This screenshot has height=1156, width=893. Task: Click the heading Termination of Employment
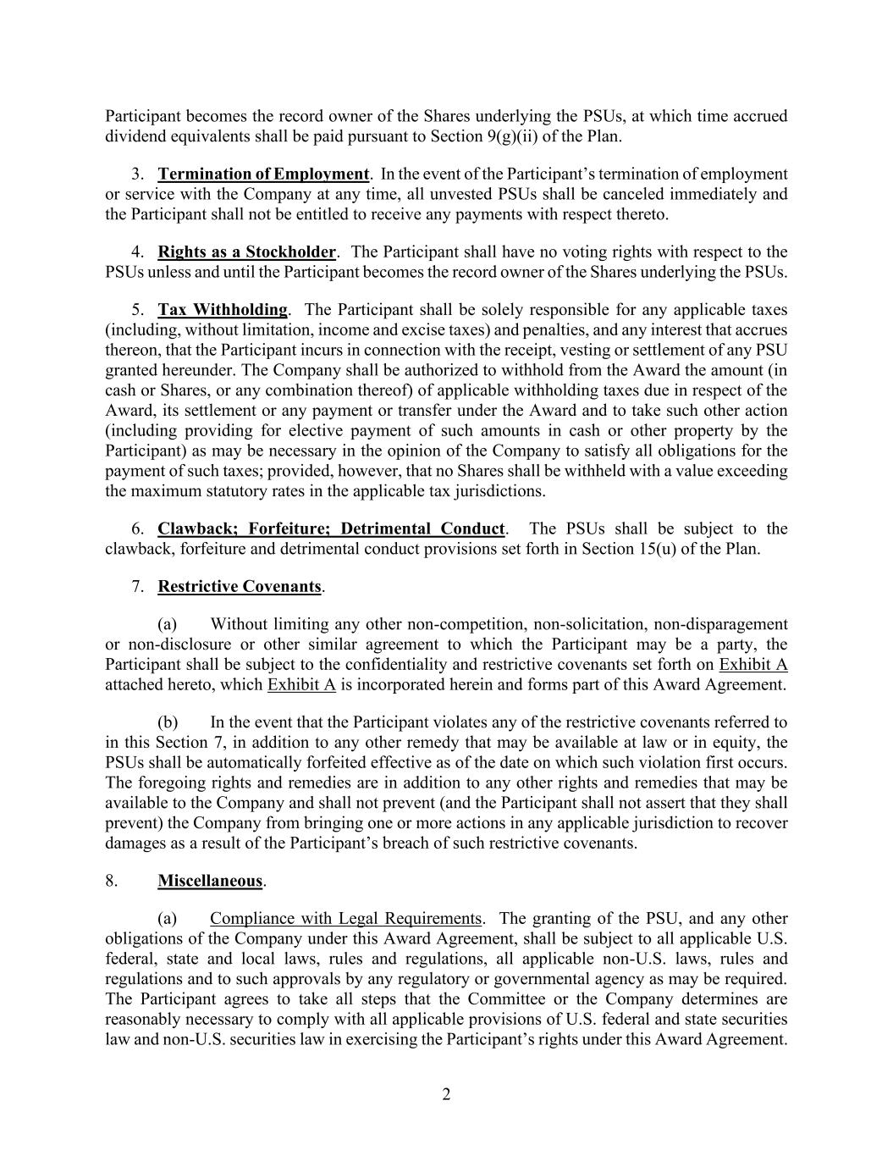[x=263, y=174]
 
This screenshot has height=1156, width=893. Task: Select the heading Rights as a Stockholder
[x=246, y=252]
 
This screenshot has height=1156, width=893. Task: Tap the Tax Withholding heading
[x=223, y=310]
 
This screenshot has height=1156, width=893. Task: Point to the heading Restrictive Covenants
[x=240, y=587]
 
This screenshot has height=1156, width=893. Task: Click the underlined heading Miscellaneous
[x=210, y=881]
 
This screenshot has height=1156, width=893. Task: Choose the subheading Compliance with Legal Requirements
[x=346, y=919]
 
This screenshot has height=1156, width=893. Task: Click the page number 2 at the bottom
[x=446, y=1095]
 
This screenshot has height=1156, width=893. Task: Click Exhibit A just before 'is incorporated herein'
[x=301, y=685]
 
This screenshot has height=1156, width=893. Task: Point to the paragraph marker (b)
[x=168, y=722]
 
